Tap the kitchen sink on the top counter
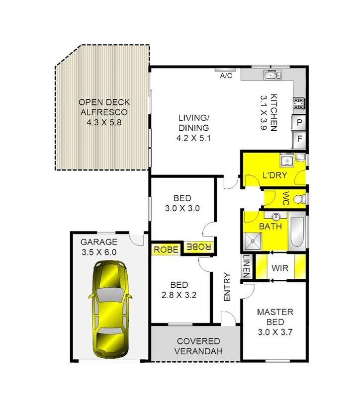(270, 75)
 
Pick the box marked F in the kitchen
(300, 139)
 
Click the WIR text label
(279, 267)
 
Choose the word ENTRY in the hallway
(227, 287)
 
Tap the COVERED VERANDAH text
(198, 346)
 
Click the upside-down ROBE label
(199, 246)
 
